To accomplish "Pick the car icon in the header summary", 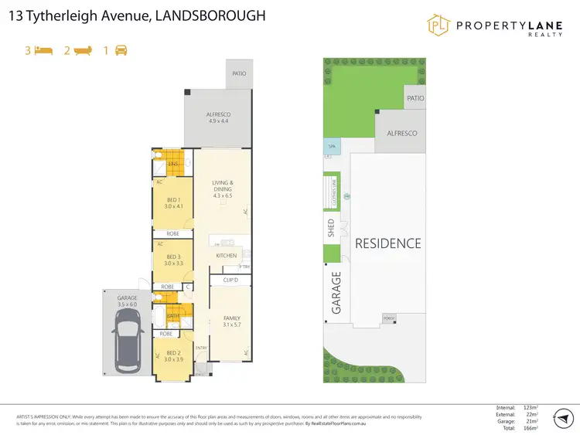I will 121,50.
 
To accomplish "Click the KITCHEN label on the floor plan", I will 226,256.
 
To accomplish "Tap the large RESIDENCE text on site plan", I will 387,243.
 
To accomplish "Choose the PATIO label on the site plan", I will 415,98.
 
